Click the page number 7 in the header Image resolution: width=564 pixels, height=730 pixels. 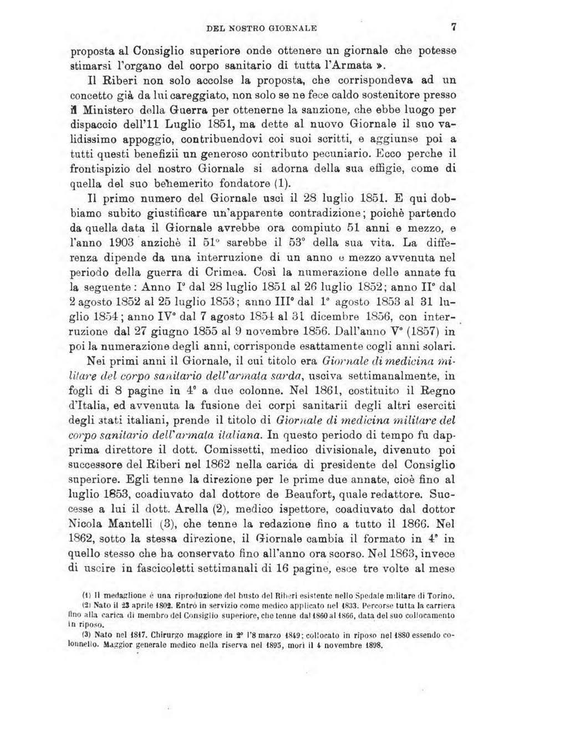(453, 26)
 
